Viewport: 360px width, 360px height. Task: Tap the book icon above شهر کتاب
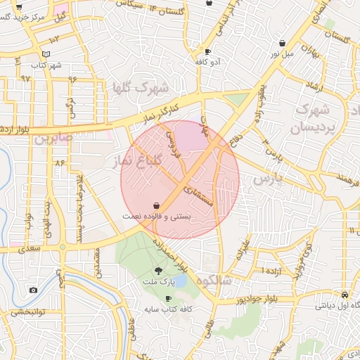click(46, 54)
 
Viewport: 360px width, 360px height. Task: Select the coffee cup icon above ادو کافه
click(207, 52)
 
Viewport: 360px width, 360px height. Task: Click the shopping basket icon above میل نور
click(274, 41)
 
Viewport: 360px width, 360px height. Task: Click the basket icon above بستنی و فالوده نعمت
click(155, 205)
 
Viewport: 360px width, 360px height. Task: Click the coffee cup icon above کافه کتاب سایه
click(167, 298)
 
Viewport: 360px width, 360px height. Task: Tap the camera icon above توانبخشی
click(33, 290)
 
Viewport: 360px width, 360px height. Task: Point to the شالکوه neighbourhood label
click(214, 280)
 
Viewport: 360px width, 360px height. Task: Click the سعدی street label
click(30, 247)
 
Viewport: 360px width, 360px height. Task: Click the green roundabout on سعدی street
click(63, 246)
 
